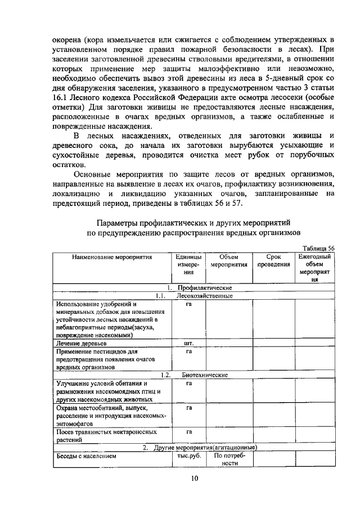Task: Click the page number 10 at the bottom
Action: pos(194,479)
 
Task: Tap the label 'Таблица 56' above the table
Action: pos(318,248)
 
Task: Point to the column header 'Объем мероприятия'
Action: pos(229,260)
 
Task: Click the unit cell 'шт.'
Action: pos(189,343)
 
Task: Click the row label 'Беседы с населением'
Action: pos(85,456)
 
